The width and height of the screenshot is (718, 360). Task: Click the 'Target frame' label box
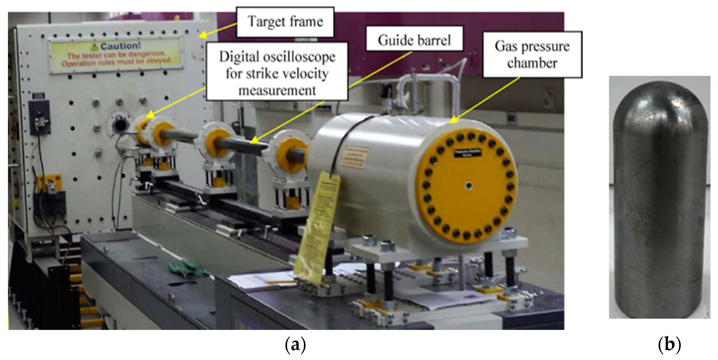285,22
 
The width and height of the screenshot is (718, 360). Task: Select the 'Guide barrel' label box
414,39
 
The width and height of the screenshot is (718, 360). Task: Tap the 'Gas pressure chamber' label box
532,54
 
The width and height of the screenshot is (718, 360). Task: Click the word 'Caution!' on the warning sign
120,46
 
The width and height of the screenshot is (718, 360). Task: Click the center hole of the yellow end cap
468,185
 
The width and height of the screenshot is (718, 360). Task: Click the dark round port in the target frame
119,125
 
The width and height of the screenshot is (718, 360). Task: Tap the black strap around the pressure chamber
348,139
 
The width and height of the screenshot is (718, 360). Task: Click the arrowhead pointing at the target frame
202,35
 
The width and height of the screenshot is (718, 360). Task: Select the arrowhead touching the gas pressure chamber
453,120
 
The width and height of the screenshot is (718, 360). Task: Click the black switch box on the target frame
40,117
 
